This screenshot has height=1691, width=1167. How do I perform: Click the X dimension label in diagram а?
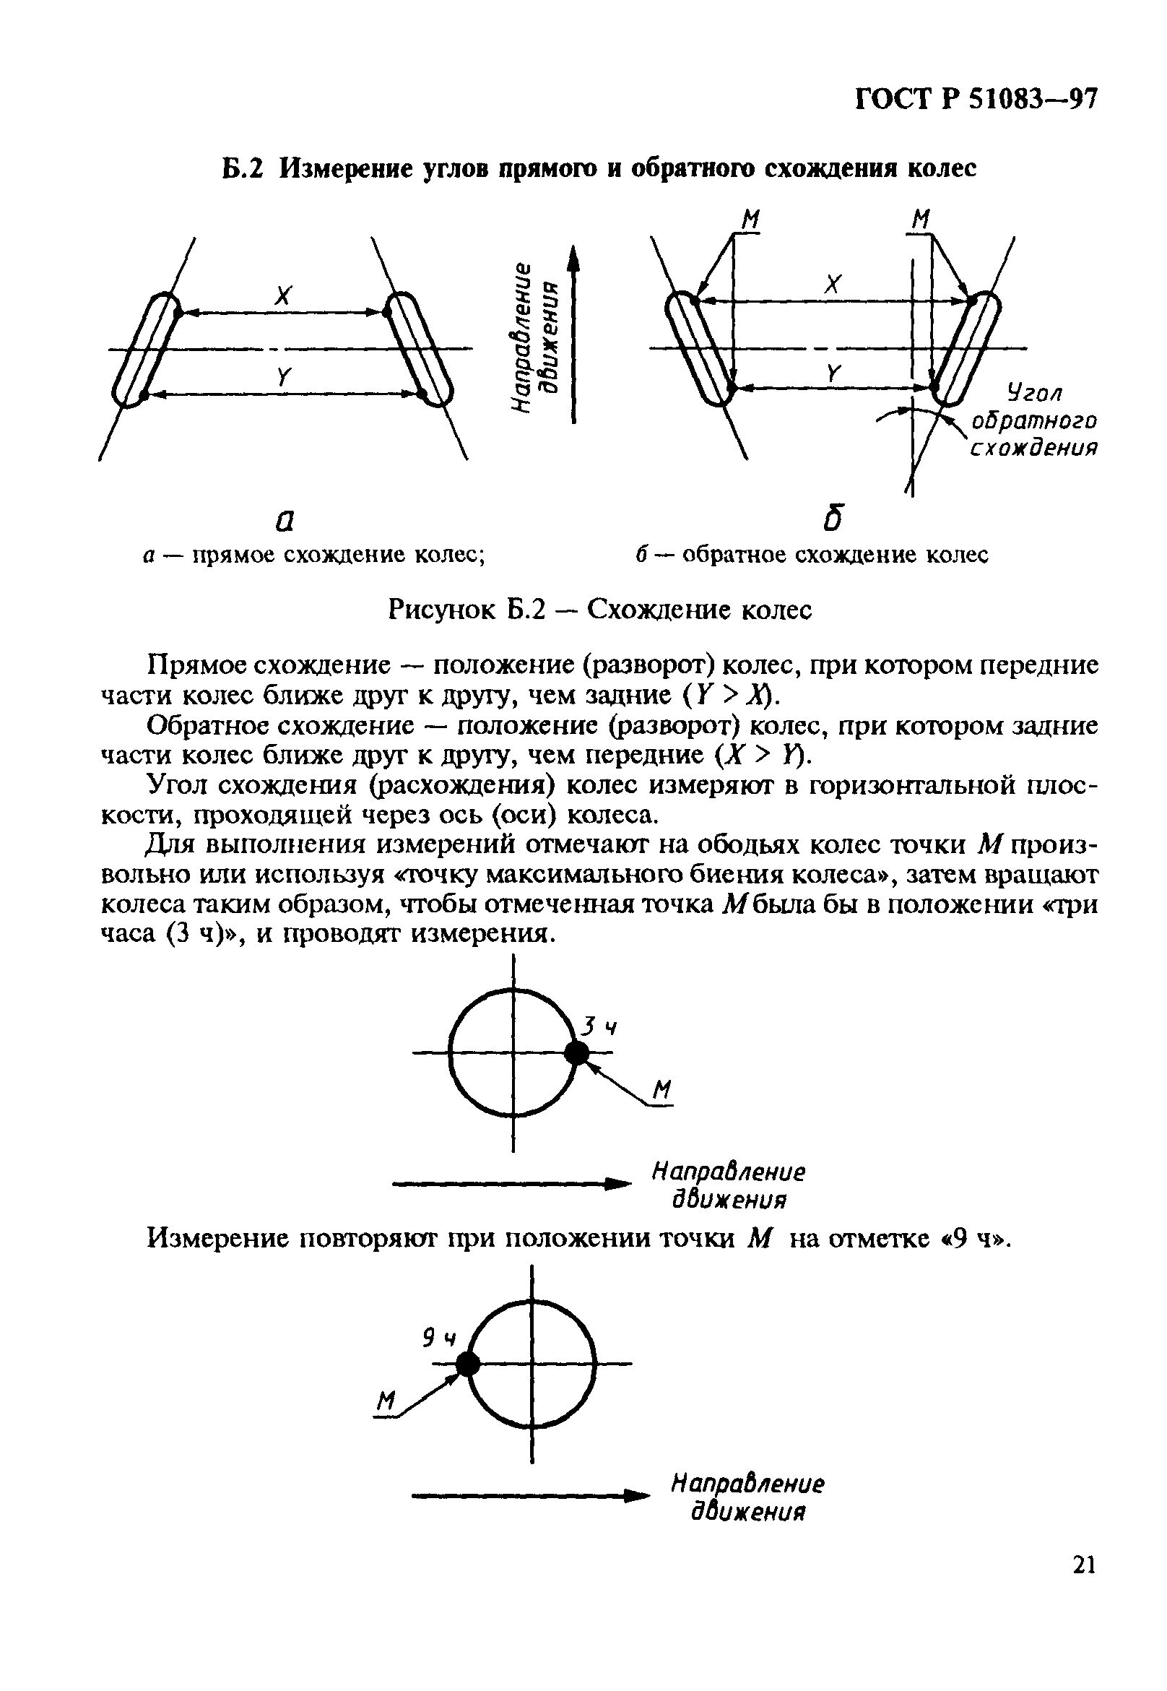click(x=283, y=295)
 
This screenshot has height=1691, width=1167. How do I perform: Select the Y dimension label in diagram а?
click(x=284, y=377)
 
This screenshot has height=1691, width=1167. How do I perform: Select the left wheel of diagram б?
click(x=700, y=347)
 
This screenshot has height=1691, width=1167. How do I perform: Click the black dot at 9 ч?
click(x=467, y=1363)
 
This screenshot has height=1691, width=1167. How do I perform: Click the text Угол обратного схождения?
click(x=1034, y=421)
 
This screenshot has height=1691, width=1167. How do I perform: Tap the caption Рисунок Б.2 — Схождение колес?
click(x=599, y=608)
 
